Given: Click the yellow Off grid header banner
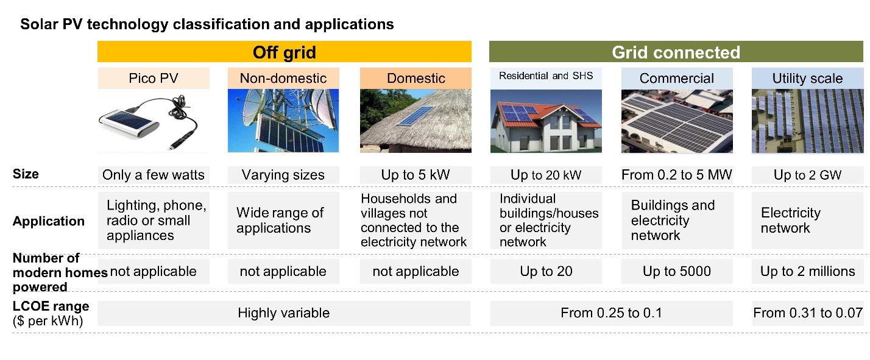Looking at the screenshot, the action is (285, 52).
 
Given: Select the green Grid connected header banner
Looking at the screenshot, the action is (676, 52).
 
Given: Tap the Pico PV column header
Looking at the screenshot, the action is (154, 78).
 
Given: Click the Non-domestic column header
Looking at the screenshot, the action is (283, 78).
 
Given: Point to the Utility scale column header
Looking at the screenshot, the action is (807, 78).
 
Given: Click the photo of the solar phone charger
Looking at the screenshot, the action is (154, 121).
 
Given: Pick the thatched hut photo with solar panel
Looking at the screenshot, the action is (416, 121).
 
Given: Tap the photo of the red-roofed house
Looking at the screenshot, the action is (546, 121).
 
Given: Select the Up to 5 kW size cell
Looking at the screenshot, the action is (416, 175).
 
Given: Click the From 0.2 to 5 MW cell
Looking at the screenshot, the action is (677, 175).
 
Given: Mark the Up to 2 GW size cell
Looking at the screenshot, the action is (807, 175).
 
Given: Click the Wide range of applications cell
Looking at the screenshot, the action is (283, 220).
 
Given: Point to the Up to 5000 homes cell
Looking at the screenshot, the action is (677, 271).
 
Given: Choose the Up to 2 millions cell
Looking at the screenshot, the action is (807, 271).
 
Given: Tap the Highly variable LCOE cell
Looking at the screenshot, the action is (284, 313).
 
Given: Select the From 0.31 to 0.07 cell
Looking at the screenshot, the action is (808, 313).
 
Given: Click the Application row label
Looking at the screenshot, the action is (49, 221).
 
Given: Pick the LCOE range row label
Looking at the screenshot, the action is (51, 313).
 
